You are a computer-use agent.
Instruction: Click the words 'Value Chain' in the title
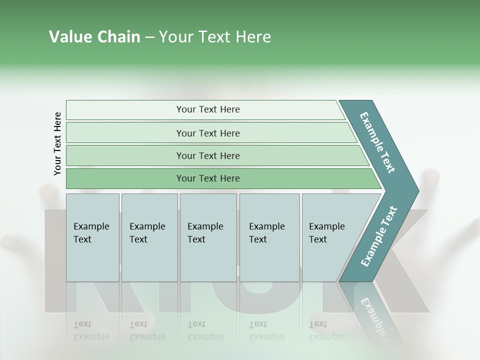tap(94, 37)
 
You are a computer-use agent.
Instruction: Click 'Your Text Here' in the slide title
tap(215, 37)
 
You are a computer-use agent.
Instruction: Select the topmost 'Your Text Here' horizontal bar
tap(208, 109)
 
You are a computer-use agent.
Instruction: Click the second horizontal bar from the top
tap(208, 133)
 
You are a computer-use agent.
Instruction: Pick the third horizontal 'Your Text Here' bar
tap(208, 155)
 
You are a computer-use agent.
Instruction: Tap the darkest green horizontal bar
tap(208, 178)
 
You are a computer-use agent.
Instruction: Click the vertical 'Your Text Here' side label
tap(57, 144)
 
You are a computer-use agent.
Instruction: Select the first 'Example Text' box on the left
tap(92, 237)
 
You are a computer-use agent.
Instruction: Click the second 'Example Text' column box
tap(149, 237)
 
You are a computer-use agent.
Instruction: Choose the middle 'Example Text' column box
tap(207, 237)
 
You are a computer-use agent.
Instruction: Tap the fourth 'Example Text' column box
tap(269, 237)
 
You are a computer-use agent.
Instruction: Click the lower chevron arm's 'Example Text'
tap(379, 236)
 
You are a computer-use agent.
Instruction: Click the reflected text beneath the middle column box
tap(205, 330)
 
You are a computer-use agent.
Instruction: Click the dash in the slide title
tap(149, 37)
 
